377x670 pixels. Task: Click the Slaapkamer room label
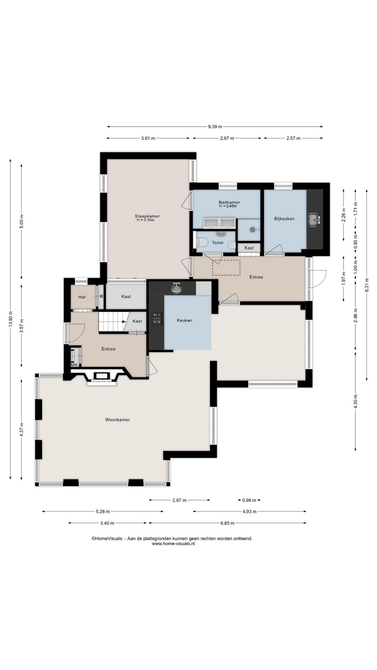[147, 216]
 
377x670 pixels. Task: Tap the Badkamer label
[229, 202]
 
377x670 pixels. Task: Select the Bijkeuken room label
[284, 219]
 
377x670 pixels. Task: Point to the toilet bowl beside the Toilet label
[201, 242]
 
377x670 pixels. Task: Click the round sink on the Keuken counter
[177, 288]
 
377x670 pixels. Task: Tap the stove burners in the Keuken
[157, 318]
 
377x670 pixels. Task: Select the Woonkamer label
[117, 420]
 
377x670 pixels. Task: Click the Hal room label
[82, 297]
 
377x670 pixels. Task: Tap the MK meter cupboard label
[74, 365]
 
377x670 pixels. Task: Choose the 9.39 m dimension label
[215, 127]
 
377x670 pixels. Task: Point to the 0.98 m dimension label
[249, 500]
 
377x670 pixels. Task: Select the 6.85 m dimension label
[227, 523]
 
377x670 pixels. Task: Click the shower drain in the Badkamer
[252, 230]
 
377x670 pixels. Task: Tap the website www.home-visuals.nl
[173, 543]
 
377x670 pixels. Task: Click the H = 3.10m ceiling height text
[146, 220]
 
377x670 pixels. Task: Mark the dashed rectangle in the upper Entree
[226, 268]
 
